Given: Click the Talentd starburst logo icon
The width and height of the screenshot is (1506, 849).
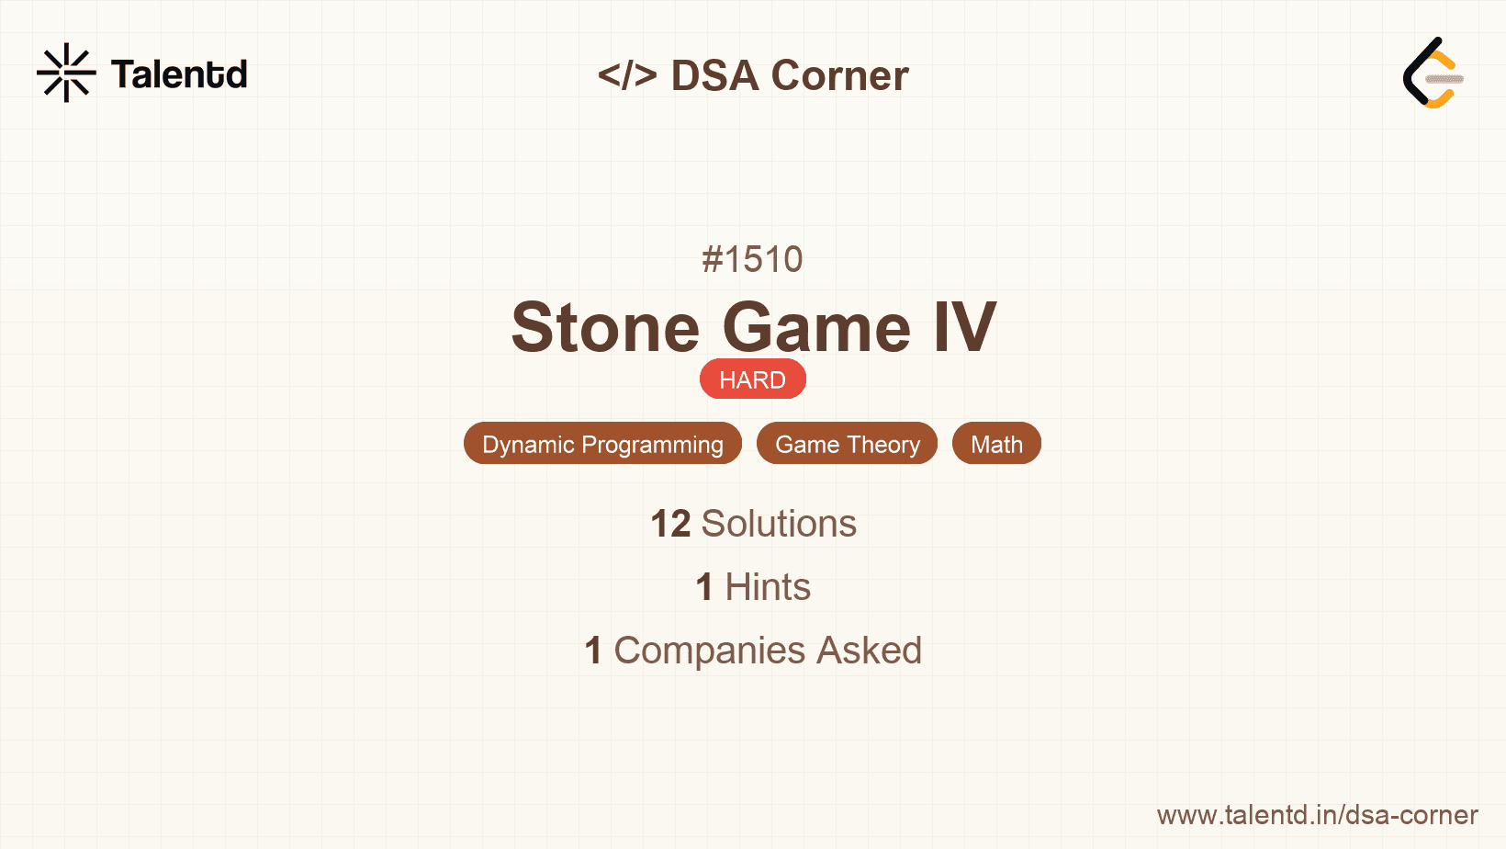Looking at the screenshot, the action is pyautogui.click(x=66, y=73).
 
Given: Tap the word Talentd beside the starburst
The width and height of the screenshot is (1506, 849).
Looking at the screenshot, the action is pyautogui.click(x=179, y=74).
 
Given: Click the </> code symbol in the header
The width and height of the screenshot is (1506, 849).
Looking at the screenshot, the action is pyautogui.click(x=626, y=74).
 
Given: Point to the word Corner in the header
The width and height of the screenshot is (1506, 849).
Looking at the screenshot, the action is pyautogui.click(x=839, y=75).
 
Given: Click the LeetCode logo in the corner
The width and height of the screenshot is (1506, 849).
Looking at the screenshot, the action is pyautogui.click(x=1433, y=73).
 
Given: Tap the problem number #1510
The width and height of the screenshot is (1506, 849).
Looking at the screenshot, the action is pyautogui.click(x=752, y=260).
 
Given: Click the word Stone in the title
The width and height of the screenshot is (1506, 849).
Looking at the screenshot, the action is pyautogui.click(x=605, y=328).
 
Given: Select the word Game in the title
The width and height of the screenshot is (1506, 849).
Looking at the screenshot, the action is pyautogui.click(x=817, y=328).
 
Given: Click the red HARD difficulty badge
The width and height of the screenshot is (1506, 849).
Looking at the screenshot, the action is pyautogui.click(x=753, y=379).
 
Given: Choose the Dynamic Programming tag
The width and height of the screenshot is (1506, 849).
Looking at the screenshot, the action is pyautogui.click(x=602, y=444).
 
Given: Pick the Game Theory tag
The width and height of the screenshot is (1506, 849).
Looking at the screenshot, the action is pyautogui.click(x=847, y=444).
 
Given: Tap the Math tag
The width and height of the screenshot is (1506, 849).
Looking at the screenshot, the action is pyautogui.click(x=996, y=444).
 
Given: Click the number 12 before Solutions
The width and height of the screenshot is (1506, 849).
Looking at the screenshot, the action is pyautogui.click(x=670, y=524).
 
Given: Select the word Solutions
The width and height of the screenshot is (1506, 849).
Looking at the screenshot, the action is pyautogui.click(x=779, y=524).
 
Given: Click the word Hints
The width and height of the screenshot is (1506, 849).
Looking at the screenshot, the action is pyautogui.click(x=768, y=586).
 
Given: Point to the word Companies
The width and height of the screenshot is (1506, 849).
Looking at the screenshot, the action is pyautogui.click(x=709, y=651).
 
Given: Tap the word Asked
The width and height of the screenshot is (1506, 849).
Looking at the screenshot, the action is pyautogui.click(x=870, y=651).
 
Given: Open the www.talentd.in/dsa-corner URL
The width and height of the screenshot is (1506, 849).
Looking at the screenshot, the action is pyautogui.click(x=1317, y=815).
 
